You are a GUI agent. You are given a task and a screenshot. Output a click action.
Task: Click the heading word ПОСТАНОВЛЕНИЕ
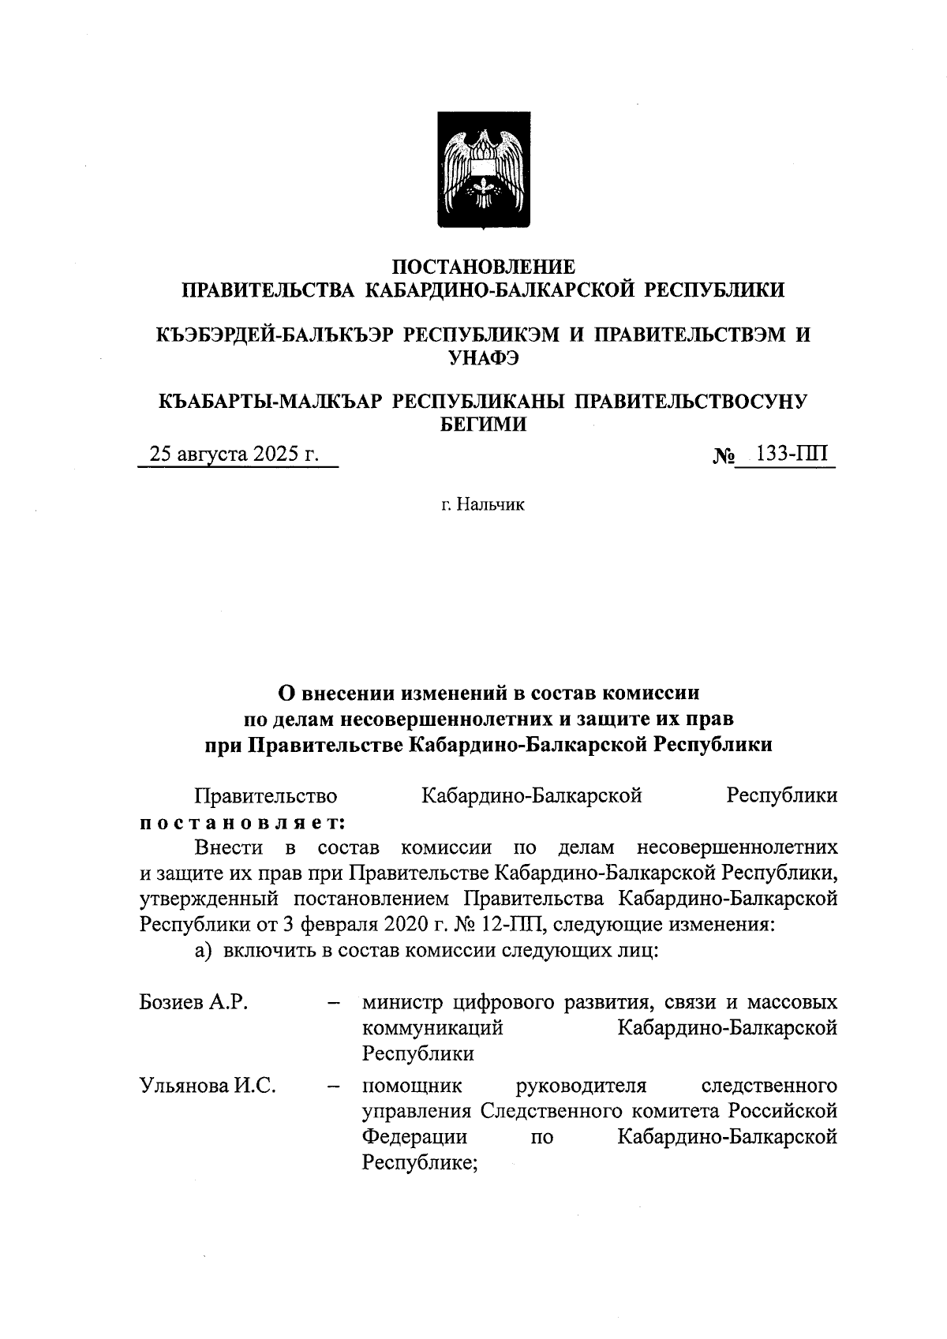pyautogui.click(x=484, y=266)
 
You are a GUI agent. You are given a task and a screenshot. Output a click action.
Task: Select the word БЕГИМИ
pyautogui.click(x=483, y=425)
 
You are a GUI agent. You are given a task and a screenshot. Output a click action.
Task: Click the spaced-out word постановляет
pyautogui.click(x=242, y=822)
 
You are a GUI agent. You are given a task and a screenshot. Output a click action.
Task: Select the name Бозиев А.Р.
pyautogui.click(x=194, y=1002)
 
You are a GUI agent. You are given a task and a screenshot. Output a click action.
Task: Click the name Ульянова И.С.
pyautogui.click(x=208, y=1086)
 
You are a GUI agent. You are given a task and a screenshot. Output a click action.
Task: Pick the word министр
pyautogui.click(x=403, y=1002)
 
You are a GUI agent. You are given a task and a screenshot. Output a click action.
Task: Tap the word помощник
pyautogui.click(x=412, y=1086)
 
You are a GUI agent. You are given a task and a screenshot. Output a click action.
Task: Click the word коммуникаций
pyautogui.click(x=432, y=1028)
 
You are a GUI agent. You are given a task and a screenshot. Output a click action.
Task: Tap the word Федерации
pyautogui.click(x=414, y=1137)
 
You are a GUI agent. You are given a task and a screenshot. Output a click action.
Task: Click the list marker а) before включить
pyautogui.click(x=204, y=950)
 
